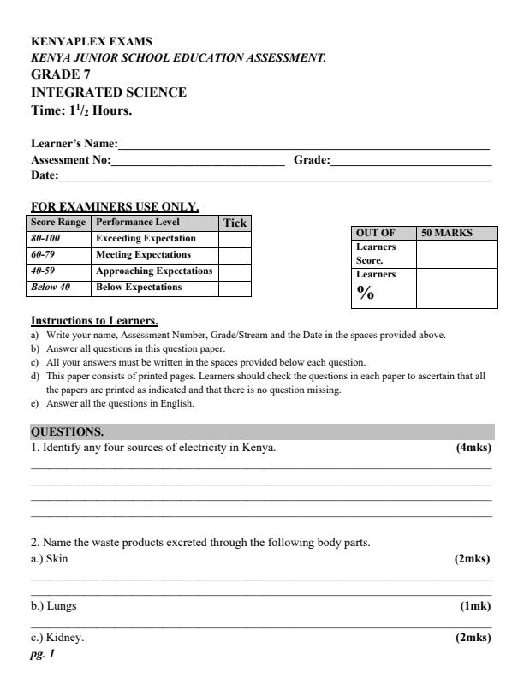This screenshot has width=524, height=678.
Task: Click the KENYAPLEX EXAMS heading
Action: [80, 41]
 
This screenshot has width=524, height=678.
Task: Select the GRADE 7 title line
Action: [61, 74]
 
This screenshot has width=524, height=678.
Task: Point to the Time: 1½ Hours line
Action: [81, 110]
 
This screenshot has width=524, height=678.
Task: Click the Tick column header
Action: [235, 223]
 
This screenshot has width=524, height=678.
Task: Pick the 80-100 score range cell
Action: [46, 239]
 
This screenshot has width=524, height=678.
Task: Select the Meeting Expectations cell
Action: [143, 255]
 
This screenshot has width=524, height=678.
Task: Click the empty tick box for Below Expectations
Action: [235, 288]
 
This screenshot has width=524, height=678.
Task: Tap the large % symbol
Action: [366, 294]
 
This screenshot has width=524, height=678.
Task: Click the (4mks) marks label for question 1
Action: [474, 448]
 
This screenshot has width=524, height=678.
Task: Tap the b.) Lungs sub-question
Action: [54, 605]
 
